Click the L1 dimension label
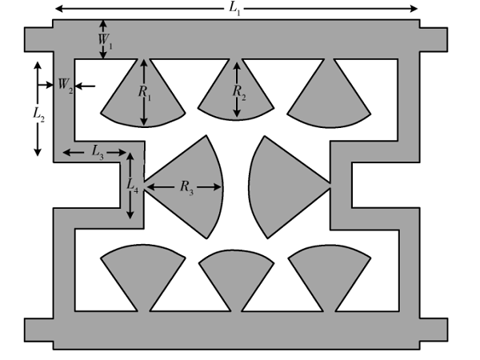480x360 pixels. point(234,9)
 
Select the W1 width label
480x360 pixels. point(106,41)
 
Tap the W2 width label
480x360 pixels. point(66,85)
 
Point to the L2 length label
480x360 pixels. point(38,115)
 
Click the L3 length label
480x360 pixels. point(98,152)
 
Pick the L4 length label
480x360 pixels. point(132,186)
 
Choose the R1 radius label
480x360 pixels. point(145,93)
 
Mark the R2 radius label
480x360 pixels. point(239,92)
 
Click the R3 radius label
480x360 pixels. point(186,187)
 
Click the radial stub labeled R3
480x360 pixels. point(186,186)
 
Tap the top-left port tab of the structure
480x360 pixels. point(38,40)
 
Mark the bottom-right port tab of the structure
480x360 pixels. point(434,330)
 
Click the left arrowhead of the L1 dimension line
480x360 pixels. point(59,9)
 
